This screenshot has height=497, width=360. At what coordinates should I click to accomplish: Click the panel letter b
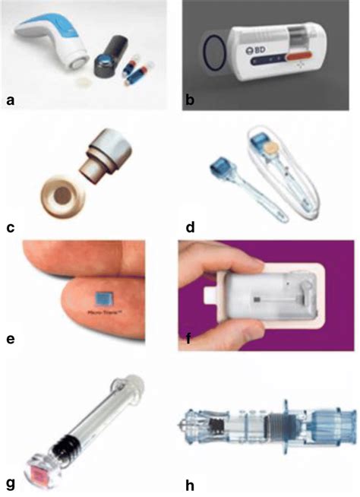pos(189,97)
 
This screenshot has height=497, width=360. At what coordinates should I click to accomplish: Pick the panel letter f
pos(189,351)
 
